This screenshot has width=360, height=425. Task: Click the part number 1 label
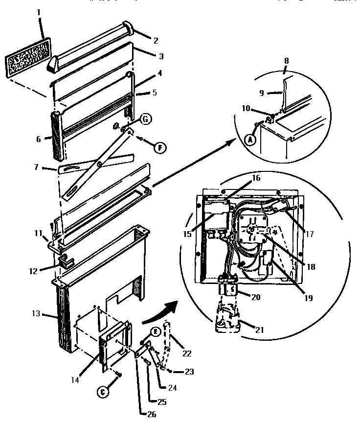tap(39, 11)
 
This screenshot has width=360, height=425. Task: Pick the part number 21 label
tap(260, 330)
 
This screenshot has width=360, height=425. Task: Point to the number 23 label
tap(188, 372)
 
